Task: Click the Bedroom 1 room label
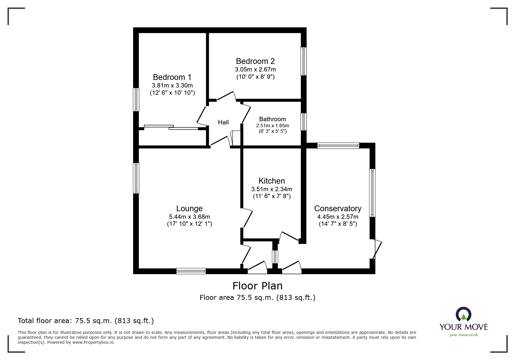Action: coord(172,77)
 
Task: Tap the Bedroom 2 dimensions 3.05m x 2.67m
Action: coord(255,69)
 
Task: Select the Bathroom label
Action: coord(272,119)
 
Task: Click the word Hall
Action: coord(223,122)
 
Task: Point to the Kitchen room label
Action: coord(272,181)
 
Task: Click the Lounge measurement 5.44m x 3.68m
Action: coord(189,217)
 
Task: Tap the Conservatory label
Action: coord(338,209)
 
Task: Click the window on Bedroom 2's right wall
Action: coord(303,61)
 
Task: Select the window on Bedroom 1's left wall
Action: coord(136,100)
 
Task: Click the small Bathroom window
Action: coord(303,122)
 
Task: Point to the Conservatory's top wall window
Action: coord(338,146)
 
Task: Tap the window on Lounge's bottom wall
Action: coord(191,271)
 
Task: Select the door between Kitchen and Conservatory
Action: coord(289,236)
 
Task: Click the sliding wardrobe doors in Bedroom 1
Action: coord(171,127)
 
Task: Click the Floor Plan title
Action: coord(257,286)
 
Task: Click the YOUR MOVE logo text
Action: coord(464,327)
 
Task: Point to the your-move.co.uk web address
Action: coord(464,335)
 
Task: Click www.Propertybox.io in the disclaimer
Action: coord(93,342)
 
